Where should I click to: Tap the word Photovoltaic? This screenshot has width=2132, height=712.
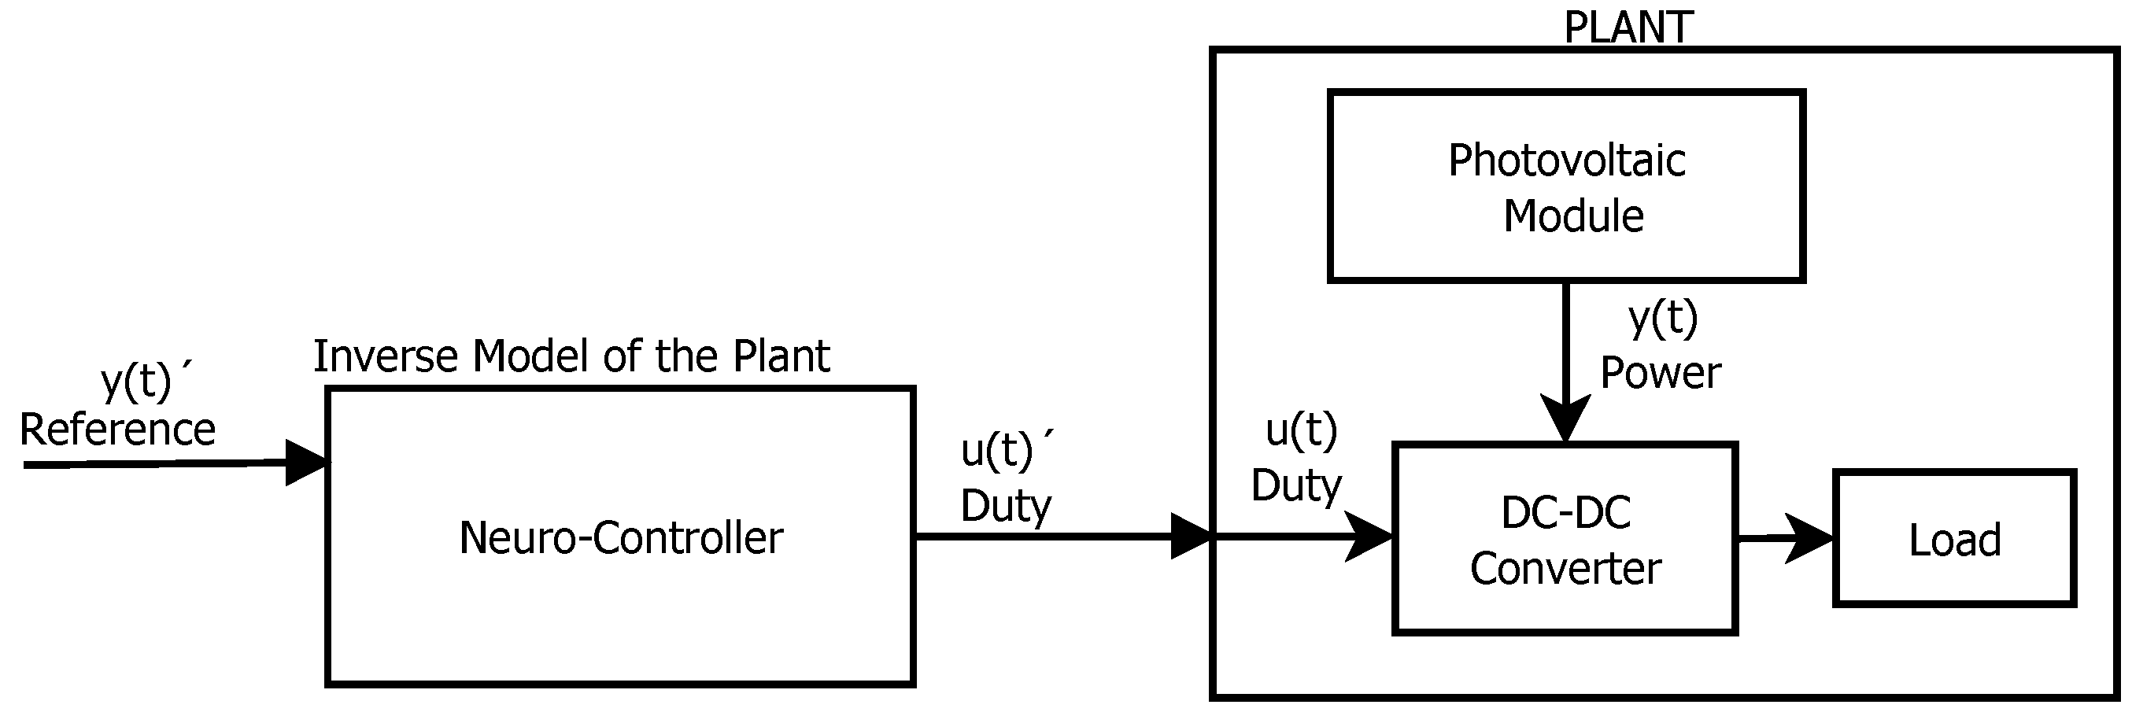(x=1566, y=160)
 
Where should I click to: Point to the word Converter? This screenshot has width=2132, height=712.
(x=1565, y=569)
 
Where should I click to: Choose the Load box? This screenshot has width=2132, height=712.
(x=1954, y=539)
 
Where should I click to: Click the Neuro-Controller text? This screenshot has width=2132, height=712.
(x=621, y=538)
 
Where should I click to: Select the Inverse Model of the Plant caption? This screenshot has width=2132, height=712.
(x=571, y=356)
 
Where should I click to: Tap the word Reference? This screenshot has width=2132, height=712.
(x=117, y=430)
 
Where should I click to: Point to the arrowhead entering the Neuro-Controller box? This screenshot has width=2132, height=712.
(x=306, y=463)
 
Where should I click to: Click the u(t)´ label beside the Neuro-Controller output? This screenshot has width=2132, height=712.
(x=1005, y=451)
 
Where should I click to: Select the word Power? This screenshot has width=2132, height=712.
(x=1661, y=372)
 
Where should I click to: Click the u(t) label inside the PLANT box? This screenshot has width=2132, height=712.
(x=1301, y=430)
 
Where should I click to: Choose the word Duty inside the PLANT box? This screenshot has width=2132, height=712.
(x=1296, y=485)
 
